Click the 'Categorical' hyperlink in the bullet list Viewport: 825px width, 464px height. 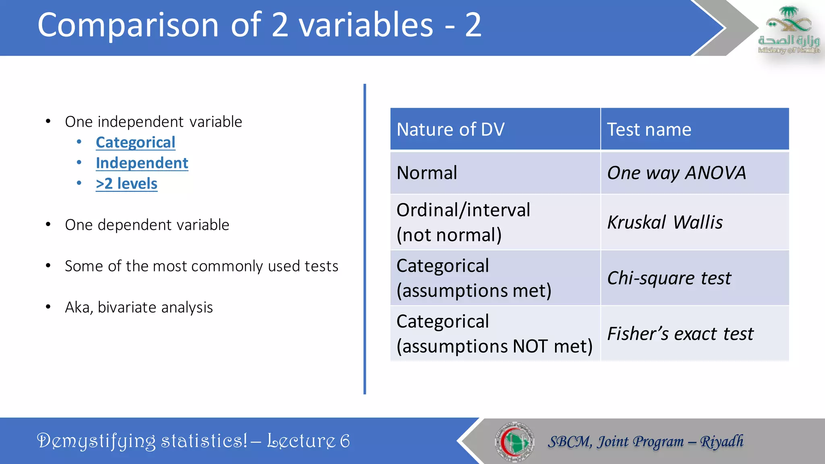click(x=135, y=143)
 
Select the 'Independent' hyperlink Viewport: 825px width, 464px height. click(x=142, y=163)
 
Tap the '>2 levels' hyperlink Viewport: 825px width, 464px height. click(x=126, y=184)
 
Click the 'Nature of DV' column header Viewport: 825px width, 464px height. click(x=450, y=130)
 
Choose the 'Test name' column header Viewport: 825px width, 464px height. click(x=649, y=130)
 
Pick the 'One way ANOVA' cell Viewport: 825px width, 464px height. click(x=676, y=173)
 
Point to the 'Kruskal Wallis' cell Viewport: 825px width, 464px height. click(x=665, y=222)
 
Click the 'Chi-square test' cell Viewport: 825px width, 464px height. click(x=669, y=278)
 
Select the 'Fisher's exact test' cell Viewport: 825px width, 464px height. click(x=680, y=333)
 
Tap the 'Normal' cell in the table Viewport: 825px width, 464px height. click(x=427, y=173)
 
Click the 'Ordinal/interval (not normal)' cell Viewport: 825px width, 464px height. click(x=463, y=222)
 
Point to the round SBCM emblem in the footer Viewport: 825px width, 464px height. click(x=514, y=441)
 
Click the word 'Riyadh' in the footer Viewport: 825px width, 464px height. click(x=721, y=441)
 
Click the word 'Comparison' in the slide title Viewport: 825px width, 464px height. click(x=128, y=25)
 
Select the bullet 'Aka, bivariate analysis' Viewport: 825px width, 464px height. click(x=139, y=307)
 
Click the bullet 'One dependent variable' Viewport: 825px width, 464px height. click(x=147, y=225)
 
